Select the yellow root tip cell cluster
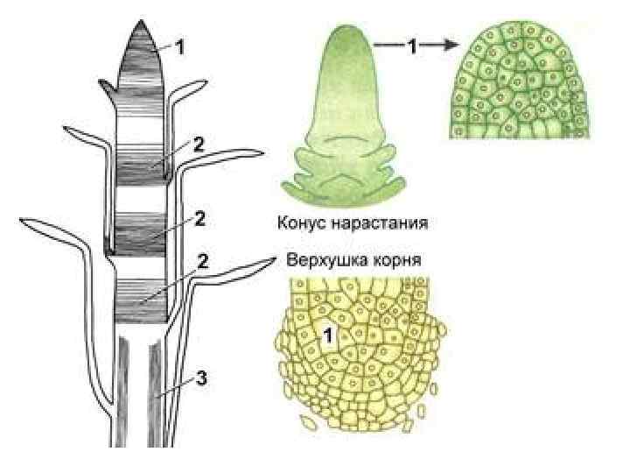coord(361,350)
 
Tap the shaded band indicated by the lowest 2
coord(141,293)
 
